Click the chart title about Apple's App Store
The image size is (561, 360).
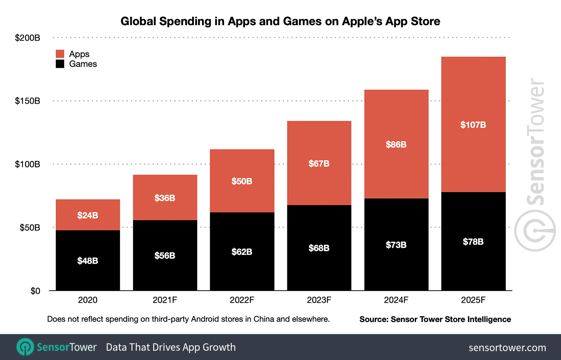pos(280,21)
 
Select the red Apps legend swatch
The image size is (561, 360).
pos(60,54)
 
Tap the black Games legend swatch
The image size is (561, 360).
pos(60,64)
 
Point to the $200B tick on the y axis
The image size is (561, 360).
pos(27,38)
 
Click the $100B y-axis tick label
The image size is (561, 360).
pos(27,164)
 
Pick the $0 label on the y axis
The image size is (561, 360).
pos(35,291)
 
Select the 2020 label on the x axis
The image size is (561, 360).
pos(88,300)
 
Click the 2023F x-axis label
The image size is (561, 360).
pos(319,300)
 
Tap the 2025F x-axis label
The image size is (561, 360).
pos(473,300)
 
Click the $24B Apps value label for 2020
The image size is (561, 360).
pos(88,215)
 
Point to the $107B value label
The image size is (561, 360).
pos(473,125)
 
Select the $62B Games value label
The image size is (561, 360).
pos(242,252)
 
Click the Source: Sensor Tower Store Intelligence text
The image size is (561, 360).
pos(435,319)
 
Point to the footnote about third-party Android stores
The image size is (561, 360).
pos(188,319)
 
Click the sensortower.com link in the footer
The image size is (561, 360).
pos(507,348)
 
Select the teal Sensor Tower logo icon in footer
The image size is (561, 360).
pos(26,347)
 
